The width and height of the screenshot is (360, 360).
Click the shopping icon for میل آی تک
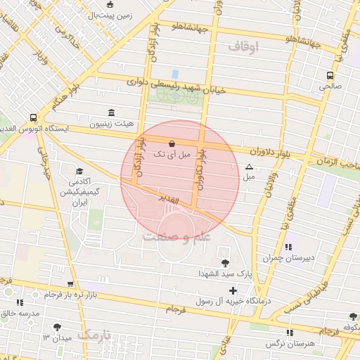[x=173, y=143]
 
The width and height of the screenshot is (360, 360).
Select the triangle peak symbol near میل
[x=249, y=167]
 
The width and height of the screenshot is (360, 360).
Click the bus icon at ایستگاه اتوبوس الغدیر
[x=33, y=118]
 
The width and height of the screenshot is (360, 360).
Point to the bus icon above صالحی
[x=330, y=76]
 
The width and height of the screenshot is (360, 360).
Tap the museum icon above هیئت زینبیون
[x=111, y=112]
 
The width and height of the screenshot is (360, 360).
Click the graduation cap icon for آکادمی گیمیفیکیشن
[x=79, y=172]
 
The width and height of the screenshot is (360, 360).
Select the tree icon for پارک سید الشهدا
[x=225, y=263]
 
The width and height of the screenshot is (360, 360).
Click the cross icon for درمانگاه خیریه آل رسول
[x=232, y=290]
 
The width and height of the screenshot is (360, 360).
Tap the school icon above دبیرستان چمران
[x=289, y=247]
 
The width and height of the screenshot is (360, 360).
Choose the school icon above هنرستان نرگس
[x=289, y=333]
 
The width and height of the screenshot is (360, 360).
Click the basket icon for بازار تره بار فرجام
[x=70, y=285]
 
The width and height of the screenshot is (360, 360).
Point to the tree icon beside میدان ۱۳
[x=57, y=327]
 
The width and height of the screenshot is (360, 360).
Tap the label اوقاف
[x=243, y=46]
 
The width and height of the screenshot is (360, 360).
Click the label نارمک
[x=94, y=335]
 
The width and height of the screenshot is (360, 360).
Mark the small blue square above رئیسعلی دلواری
[x=175, y=74]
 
